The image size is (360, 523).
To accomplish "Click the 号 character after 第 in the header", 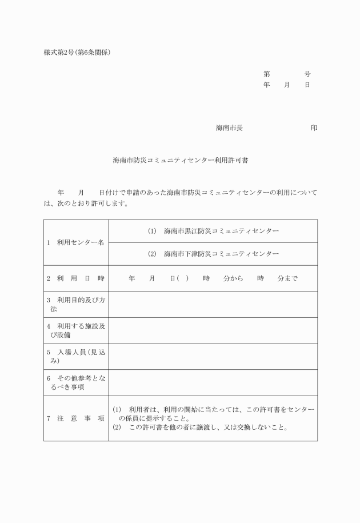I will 307,74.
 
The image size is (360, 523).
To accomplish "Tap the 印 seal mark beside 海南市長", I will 314,128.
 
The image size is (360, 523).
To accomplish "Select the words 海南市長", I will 229,128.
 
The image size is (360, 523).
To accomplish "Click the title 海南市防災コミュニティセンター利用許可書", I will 180,161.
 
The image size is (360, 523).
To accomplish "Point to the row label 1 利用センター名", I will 76,242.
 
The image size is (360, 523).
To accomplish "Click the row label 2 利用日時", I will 76,278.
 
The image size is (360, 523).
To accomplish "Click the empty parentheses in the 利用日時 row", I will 183,278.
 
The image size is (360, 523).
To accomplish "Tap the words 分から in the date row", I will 234,278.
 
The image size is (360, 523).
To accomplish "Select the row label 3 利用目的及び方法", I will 76,304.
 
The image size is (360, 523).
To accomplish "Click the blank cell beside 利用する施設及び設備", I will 213,330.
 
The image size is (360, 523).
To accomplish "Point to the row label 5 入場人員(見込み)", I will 76,356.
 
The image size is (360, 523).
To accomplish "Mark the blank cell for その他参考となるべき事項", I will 213,382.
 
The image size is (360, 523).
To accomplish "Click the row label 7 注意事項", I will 76,418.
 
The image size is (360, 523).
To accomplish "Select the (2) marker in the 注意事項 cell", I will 117,428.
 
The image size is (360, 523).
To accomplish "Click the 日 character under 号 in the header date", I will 307,85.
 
